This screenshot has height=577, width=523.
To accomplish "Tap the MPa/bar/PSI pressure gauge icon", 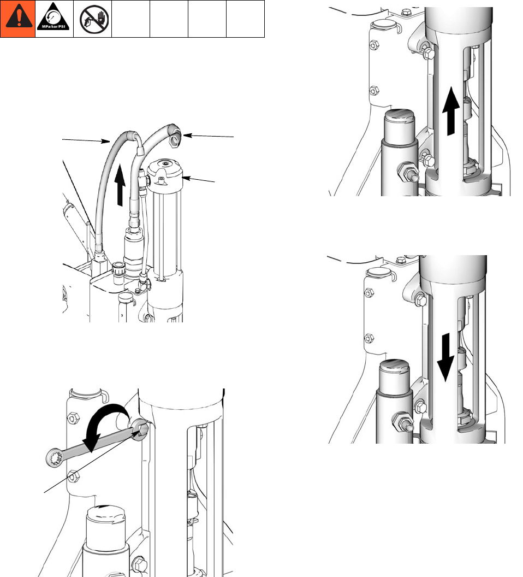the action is (54, 17).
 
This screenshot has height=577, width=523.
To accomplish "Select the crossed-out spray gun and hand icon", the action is (94, 19).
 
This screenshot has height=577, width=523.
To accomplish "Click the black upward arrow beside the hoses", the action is (120, 185).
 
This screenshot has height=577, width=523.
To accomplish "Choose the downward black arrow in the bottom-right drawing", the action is (445, 357).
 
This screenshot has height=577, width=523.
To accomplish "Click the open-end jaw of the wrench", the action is (140, 429).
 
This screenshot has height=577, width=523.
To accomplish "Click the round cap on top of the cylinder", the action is (165, 170).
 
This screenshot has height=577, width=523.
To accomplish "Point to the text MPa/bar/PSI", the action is (54, 26).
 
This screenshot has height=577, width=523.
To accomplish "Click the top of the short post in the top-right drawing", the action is (400, 117).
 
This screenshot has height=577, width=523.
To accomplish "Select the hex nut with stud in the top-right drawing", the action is (408, 172).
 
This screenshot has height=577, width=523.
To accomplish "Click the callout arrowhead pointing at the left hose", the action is (106, 140).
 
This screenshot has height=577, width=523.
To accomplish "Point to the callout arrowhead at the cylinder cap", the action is (186, 178).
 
